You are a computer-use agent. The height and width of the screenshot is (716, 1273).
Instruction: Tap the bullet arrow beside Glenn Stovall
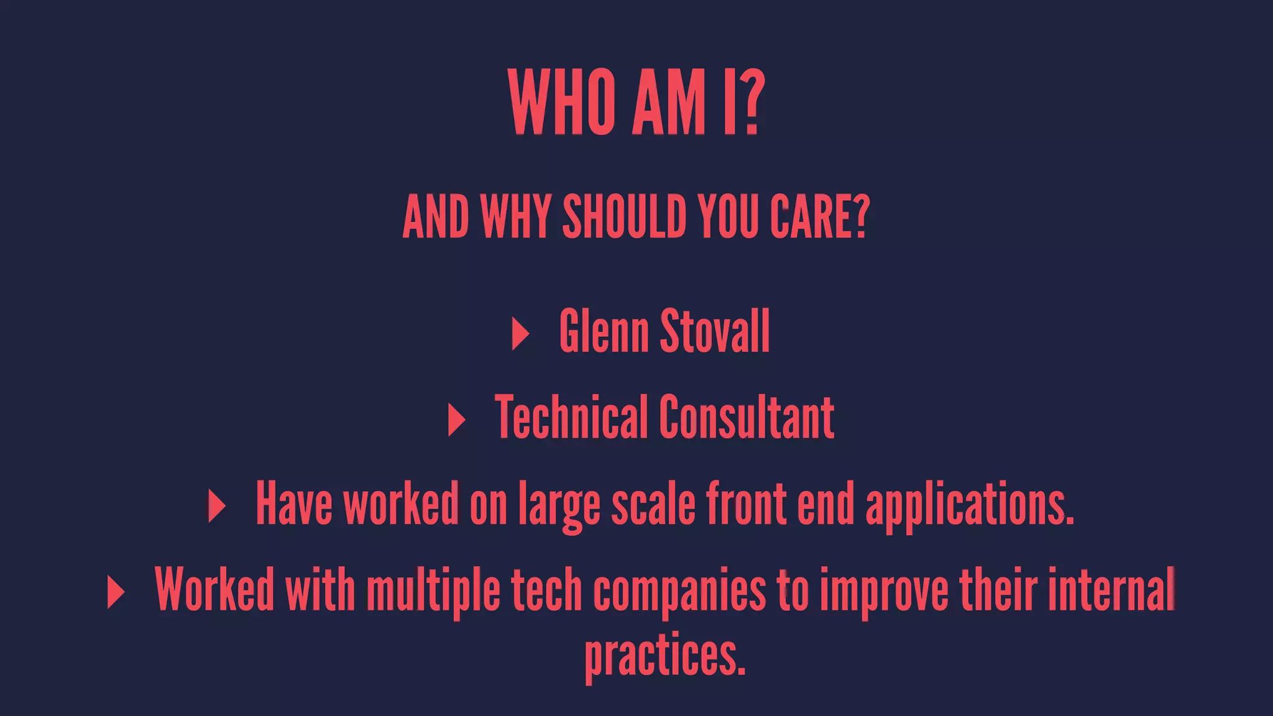coord(520,334)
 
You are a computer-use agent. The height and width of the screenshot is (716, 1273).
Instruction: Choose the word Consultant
coord(746,417)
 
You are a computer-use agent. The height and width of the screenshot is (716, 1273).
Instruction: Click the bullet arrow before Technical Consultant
coord(456,420)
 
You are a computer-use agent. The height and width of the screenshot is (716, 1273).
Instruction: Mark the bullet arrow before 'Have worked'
coord(216,506)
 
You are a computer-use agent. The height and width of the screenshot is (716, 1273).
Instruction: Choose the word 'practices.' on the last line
coord(664,657)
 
